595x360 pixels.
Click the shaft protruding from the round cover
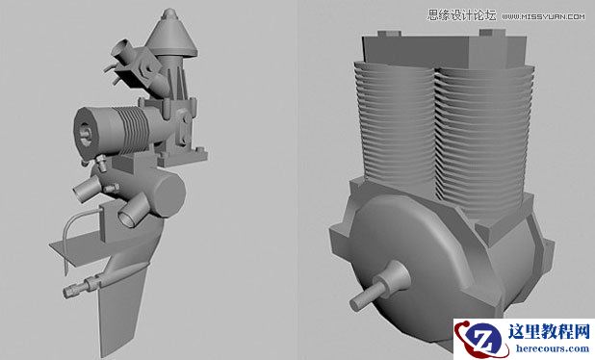(x=371, y=290)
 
